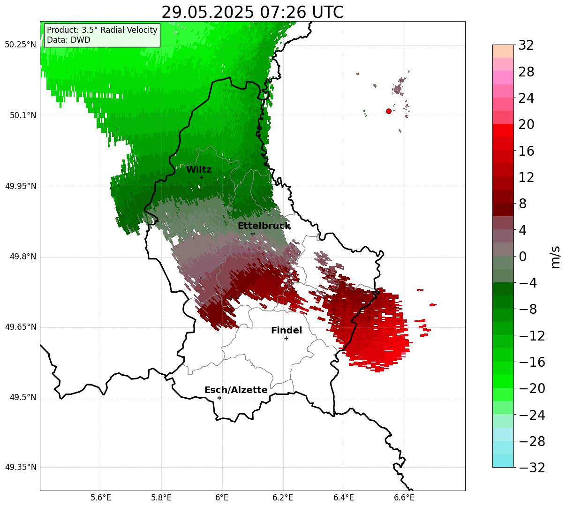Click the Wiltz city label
pos(199,169)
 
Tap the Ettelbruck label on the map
pos(264,226)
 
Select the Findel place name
pos(287,330)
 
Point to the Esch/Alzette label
pos(236,390)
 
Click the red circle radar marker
pos(388,111)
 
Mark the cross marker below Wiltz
pos(201,177)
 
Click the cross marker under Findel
pos(286,339)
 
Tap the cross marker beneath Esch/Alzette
pos(219,398)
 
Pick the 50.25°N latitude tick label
pos(20,45)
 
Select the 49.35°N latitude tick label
pos(21,467)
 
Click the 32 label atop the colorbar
pos(526,45)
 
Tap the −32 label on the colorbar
pos(532,467)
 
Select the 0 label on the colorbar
pos(523,256)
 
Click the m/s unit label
pos(555,257)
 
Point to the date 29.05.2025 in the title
pos(208,13)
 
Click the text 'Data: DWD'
pos(68,40)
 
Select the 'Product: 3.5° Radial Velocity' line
pos(102,30)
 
